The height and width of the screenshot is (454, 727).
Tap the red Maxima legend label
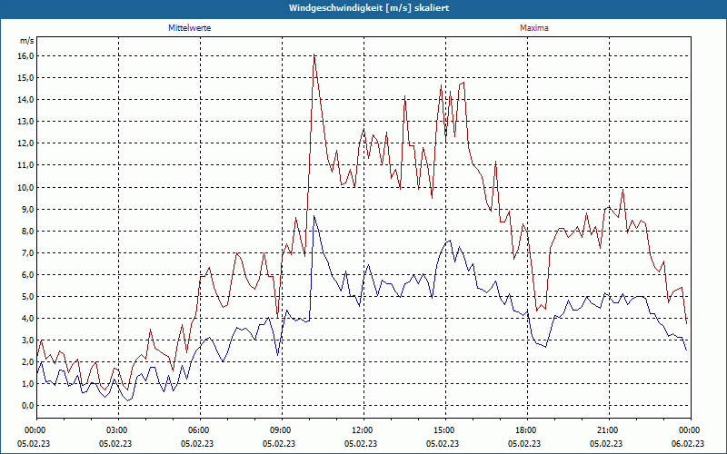pos(533,28)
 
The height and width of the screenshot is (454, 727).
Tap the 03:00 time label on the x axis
pos(117,429)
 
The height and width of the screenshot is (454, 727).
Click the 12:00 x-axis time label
pos(363,429)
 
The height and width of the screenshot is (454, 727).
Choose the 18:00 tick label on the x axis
pos(526,429)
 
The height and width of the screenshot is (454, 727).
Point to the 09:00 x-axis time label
pos(281,429)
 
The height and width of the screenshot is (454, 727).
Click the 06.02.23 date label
pos(688,444)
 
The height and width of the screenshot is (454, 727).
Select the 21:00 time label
pos(608,429)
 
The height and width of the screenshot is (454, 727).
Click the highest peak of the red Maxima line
pos(314,55)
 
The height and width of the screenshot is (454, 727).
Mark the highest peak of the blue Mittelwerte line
pos(314,215)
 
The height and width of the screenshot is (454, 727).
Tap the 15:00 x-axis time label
pos(444,429)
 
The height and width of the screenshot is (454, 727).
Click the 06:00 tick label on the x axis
pos(199,429)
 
